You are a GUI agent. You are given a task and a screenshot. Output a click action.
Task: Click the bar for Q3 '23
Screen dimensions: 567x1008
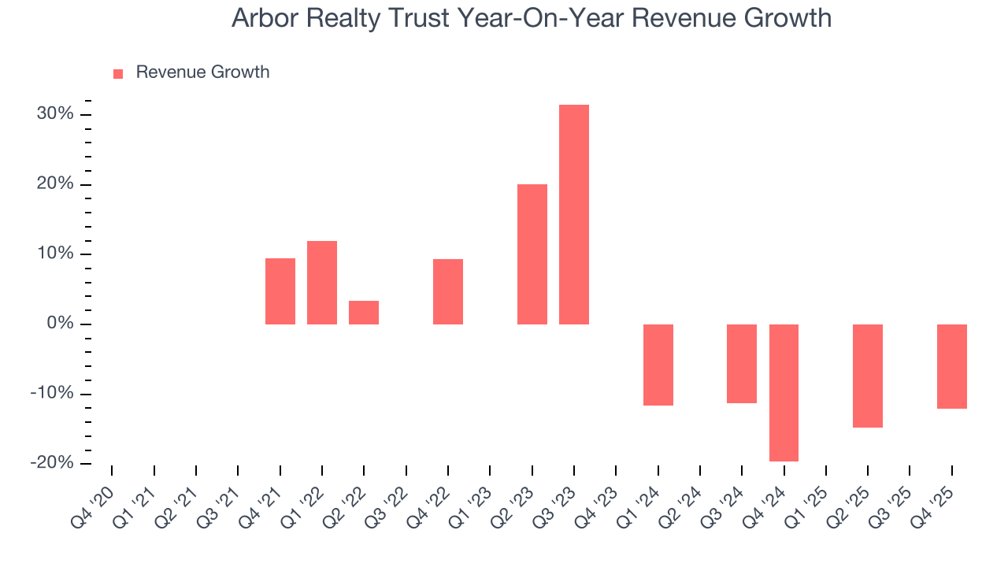click(x=573, y=214)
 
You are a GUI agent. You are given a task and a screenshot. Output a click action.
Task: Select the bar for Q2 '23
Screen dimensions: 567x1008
click(x=532, y=254)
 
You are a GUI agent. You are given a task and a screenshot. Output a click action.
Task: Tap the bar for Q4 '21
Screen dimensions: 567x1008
click(x=280, y=291)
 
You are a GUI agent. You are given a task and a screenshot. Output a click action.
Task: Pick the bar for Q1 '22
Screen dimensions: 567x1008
click(x=321, y=282)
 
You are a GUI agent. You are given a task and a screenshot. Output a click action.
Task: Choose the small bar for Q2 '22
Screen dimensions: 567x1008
click(x=364, y=313)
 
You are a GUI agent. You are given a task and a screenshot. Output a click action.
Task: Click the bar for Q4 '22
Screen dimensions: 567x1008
click(x=447, y=291)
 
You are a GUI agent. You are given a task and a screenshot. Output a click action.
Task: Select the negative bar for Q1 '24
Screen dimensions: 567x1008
click(x=658, y=365)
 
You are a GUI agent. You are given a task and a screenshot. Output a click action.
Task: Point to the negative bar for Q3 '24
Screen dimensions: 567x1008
click(x=741, y=364)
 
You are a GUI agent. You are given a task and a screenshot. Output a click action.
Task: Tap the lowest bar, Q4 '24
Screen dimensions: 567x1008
click(x=784, y=392)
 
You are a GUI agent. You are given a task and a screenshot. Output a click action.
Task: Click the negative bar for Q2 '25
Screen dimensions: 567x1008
click(x=867, y=376)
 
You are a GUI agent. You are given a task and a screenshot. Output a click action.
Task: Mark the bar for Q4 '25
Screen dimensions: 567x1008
click(x=951, y=366)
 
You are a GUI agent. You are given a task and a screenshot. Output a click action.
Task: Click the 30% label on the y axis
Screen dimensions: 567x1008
click(x=54, y=114)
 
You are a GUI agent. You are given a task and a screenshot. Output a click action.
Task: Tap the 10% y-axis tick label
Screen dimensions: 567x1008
click(x=54, y=254)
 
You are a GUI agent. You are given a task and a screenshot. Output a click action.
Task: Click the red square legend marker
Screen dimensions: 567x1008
click(x=118, y=73)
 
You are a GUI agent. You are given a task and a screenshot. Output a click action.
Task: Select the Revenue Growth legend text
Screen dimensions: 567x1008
click(x=202, y=72)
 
